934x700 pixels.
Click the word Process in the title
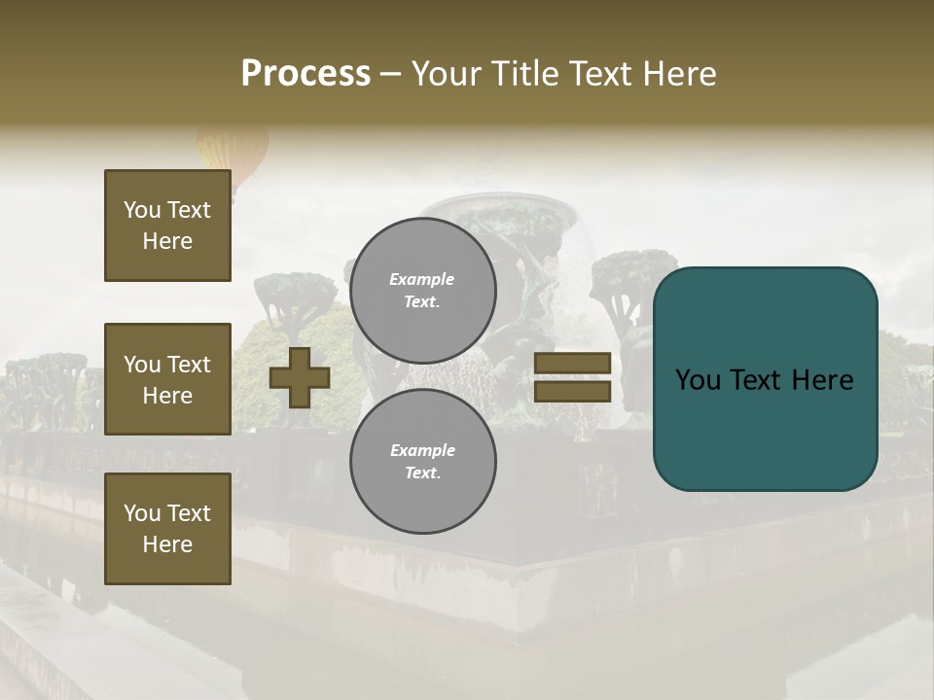coord(305,74)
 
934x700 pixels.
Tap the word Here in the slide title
coord(674,74)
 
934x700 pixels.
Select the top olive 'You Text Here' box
coord(167,226)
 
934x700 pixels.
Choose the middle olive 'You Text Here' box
coord(167,379)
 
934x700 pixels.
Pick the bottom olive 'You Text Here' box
coord(167,529)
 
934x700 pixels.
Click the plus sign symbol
coord(300,378)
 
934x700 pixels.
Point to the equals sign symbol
coord(573,377)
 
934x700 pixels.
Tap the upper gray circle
coord(423,291)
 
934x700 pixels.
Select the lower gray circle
coord(423,462)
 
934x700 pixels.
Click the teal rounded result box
coord(765,379)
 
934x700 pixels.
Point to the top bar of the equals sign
coord(573,364)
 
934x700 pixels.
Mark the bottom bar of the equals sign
coord(573,391)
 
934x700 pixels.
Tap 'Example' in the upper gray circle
coord(422,279)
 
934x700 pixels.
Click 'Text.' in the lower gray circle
coord(422,473)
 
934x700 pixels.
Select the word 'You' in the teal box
coord(699,380)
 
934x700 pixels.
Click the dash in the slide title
coord(391,75)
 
